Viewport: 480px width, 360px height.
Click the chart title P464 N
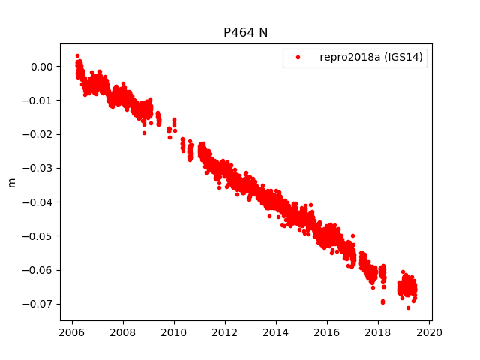pyautogui.click(x=245, y=33)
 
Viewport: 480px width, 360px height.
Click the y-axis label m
pyautogui.click(x=11, y=182)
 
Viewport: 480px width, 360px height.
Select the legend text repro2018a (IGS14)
pyautogui.click(x=373, y=58)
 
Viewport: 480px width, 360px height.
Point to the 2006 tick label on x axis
pyautogui.click(x=72, y=333)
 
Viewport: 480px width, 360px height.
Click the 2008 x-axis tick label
pyautogui.click(x=123, y=333)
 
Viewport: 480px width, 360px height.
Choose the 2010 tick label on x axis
pyautogui.click(x=174, y=333)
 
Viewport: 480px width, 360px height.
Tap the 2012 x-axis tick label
pyautogui.click(x=225, y=333)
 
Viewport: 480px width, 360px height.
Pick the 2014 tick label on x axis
pyautogui.click(x=276, y=333)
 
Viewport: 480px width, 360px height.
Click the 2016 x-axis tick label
pyautogui.click(x=327, y=333)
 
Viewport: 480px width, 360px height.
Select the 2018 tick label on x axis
pyautogui.click(x=378, y=333)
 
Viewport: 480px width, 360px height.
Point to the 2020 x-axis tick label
pyautogui.click(x=429, y=333)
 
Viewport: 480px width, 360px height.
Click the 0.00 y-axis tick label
pyautogui.click(x=42, y=67)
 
